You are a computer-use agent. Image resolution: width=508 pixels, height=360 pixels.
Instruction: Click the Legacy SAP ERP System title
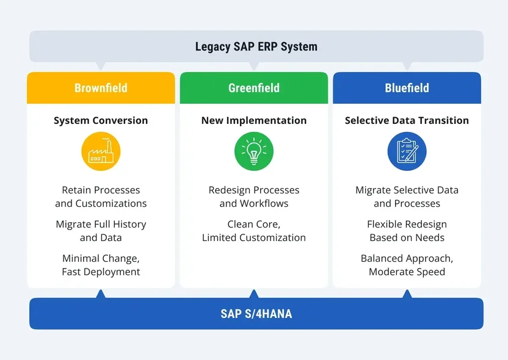pyautogui.click(x=256, y=46)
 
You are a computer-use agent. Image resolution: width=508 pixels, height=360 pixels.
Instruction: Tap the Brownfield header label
pyautogui.click(x=101, y=88)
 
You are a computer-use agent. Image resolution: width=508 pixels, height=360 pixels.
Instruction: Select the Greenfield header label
pyautogui.click(x=254, y=88)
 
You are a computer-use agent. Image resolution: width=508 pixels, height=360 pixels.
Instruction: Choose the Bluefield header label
pyautogui.click(x=407, y=88)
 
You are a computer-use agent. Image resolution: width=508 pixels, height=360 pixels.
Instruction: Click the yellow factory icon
pyautogui.click(x=101, y=151)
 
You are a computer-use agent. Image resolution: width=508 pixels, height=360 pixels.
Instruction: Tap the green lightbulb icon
pyautogui.click(x=254, y=151)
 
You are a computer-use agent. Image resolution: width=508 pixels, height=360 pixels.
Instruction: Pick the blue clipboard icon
pyautogui.click(x=407, y=151)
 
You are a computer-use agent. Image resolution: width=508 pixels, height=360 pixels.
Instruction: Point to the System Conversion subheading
pyautogui.click(x=101, y=120)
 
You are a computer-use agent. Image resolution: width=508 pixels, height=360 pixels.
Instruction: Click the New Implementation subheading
pyautogui.click(x=254, y=120)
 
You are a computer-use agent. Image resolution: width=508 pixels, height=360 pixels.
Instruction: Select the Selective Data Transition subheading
pyautogui.click(x=407, y=120)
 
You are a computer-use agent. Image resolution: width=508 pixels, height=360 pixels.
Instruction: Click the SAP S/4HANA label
pyautogui.click(x=256, y=314)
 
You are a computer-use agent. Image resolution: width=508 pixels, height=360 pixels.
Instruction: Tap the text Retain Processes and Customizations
pyautogui.click(x=101, y=196)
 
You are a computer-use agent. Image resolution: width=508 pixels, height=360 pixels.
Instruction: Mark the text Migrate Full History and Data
pyautogui.click(x=101, y=231)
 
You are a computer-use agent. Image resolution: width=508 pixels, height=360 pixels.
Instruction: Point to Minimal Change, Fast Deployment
pyautogui.click(x=101, y=265)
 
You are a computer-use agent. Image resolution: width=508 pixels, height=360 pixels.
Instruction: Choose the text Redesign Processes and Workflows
pyautogui.click(x=254, y=196)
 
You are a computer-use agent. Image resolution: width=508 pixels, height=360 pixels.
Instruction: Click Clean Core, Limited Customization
pyautogui.click(x=254, y=231)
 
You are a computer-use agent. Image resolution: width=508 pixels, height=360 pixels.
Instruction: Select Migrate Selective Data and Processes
pyautogui.click(x=407, y=196)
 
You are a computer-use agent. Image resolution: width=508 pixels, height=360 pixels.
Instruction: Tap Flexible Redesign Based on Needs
pyautogui.click(x=407, y=231)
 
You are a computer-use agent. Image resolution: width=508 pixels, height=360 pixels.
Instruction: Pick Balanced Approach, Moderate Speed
pyautogui.click(x=407, y=265)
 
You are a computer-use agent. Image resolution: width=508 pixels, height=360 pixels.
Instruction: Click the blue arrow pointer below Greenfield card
pyautogui.click(x=254, y=294)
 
